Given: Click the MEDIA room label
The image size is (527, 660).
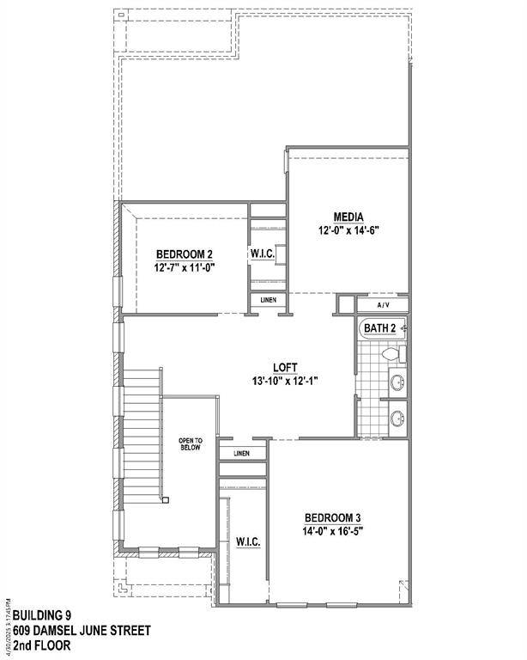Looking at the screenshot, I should [349, 217].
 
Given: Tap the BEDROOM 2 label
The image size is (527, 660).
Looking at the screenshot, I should [184, 254].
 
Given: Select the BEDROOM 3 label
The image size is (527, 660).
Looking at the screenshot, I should [338, 517].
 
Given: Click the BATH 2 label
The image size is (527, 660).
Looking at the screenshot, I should [379, 328].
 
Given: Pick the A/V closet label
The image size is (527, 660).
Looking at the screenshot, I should [384, 305].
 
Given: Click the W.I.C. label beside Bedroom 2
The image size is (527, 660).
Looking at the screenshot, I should [262, 254].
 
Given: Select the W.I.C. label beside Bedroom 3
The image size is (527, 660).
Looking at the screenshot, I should [248, 542].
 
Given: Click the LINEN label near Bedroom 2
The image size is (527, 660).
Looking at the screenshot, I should [262, 300].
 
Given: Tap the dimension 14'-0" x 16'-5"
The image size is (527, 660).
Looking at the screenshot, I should [338, 531].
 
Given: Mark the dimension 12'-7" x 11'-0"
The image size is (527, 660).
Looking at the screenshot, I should [184, 267].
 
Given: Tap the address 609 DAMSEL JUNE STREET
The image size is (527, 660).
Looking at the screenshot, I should [80, 630].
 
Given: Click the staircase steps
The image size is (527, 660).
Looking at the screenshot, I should [141, 447].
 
